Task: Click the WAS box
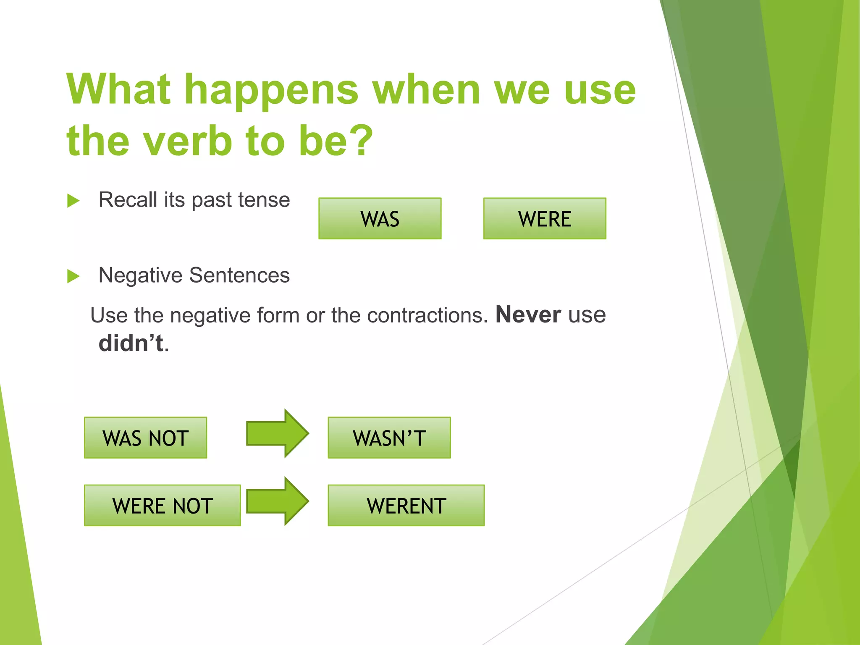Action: (380, 218)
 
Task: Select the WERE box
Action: (544, 218)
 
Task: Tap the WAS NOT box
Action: (145, 438)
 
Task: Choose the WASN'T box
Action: (389, 438)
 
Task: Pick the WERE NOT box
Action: (162, 505)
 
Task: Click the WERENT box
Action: (406, 505)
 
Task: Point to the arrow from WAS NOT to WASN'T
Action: (277, 433)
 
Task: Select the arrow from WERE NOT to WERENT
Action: (277, 501)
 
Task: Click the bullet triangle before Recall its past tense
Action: (73, 201)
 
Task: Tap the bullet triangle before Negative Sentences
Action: (73, 276)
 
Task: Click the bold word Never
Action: (528, 315)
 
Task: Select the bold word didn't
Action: (131, 343)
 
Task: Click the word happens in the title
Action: (272, 90)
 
